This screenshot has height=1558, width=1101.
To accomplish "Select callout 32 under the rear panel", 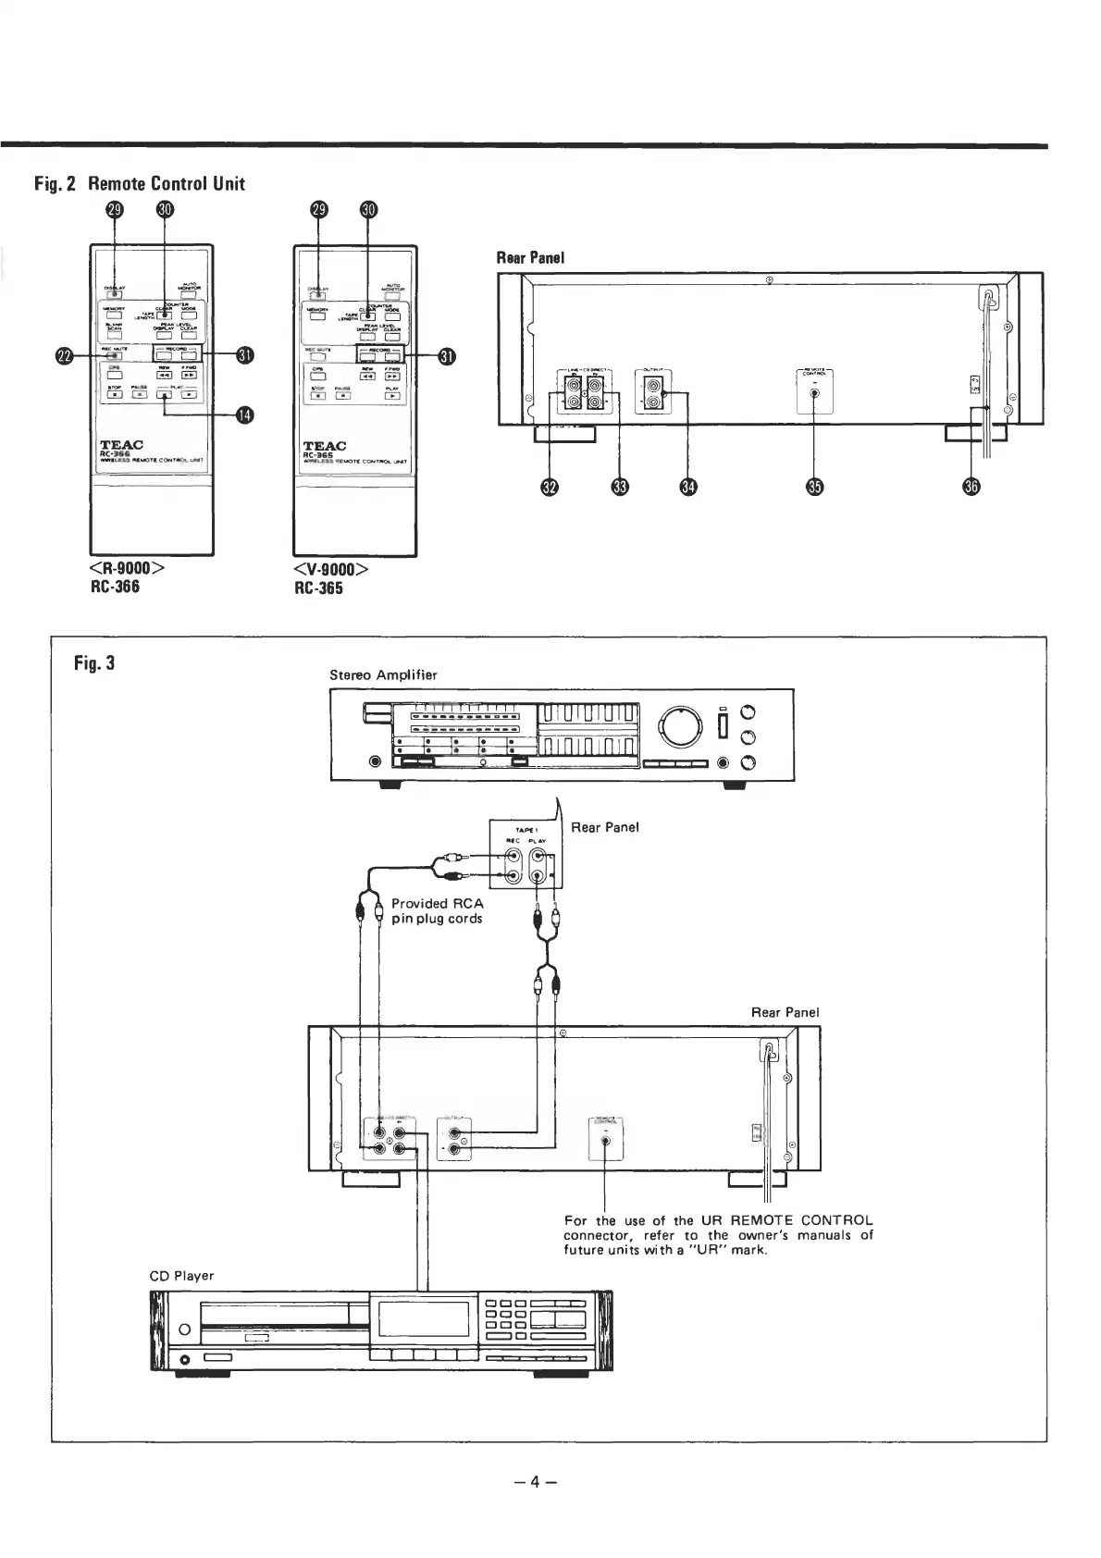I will (x=550, y=488).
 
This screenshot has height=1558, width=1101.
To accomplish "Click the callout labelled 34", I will (x=687, y=488).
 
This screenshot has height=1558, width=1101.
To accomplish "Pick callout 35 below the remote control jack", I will (x=814, y=488).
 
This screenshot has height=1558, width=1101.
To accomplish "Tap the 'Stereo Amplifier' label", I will (x=383, y=674).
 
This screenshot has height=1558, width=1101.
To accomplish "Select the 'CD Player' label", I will (x=181, y=1276).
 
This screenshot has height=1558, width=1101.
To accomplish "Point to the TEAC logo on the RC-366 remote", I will (x=121, y=445).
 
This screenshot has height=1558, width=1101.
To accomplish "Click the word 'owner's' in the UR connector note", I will (x=779, y=1234).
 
